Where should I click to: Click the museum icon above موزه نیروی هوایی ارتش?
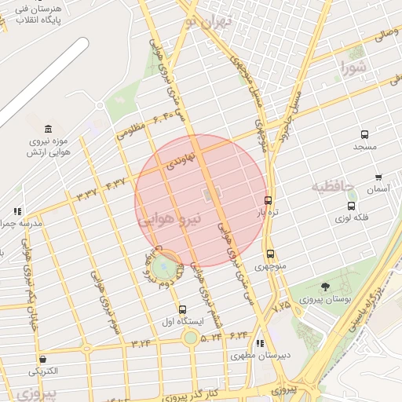point(49,129)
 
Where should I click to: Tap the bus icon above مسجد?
point(364,135)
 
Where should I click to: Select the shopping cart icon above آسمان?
point(378,177)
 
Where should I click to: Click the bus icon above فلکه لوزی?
point(351,206)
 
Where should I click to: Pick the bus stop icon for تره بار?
point(269,200)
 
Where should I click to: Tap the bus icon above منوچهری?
point(271,254)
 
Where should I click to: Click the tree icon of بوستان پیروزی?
point(325,287)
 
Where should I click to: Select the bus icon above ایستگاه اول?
point(183,309)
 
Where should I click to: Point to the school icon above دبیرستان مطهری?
point(260,343)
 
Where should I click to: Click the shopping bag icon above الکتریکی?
point(42,359)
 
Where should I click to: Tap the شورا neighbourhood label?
point(354,68)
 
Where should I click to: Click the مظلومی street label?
point(131,130)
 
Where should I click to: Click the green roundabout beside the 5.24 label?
point(190,338)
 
